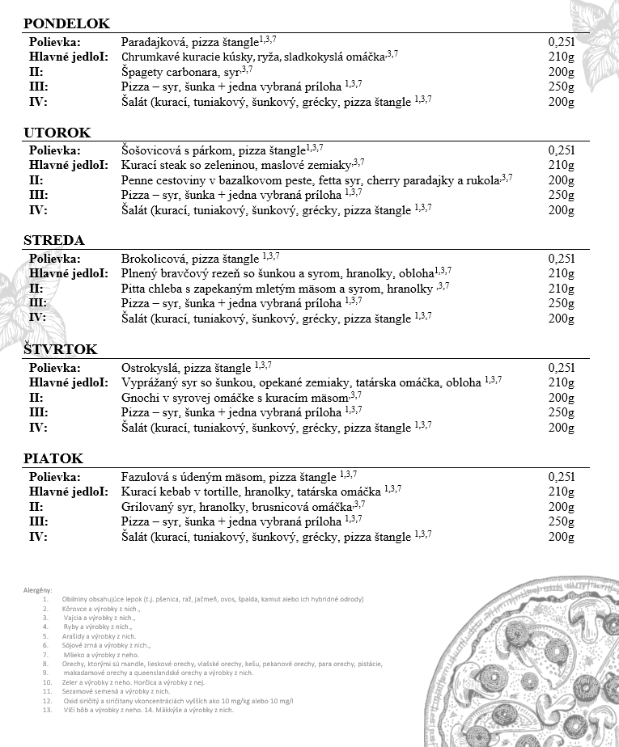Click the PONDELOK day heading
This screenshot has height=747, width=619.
(x=66, y=24)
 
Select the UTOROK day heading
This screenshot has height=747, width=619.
(x=57, y=133)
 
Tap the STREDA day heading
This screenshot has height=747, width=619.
(x=53, y=241)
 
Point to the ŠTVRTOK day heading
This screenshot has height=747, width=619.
(x=60, y=350)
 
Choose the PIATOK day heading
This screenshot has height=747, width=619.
(x=53, y=458)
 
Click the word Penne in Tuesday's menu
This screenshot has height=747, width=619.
(x=138, y=180)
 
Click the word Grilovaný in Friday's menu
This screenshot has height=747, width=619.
(x=149, y=506)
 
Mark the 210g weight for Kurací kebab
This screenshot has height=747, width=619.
(x=561, y=492)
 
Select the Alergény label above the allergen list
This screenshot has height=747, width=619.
(x=38, y=591)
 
